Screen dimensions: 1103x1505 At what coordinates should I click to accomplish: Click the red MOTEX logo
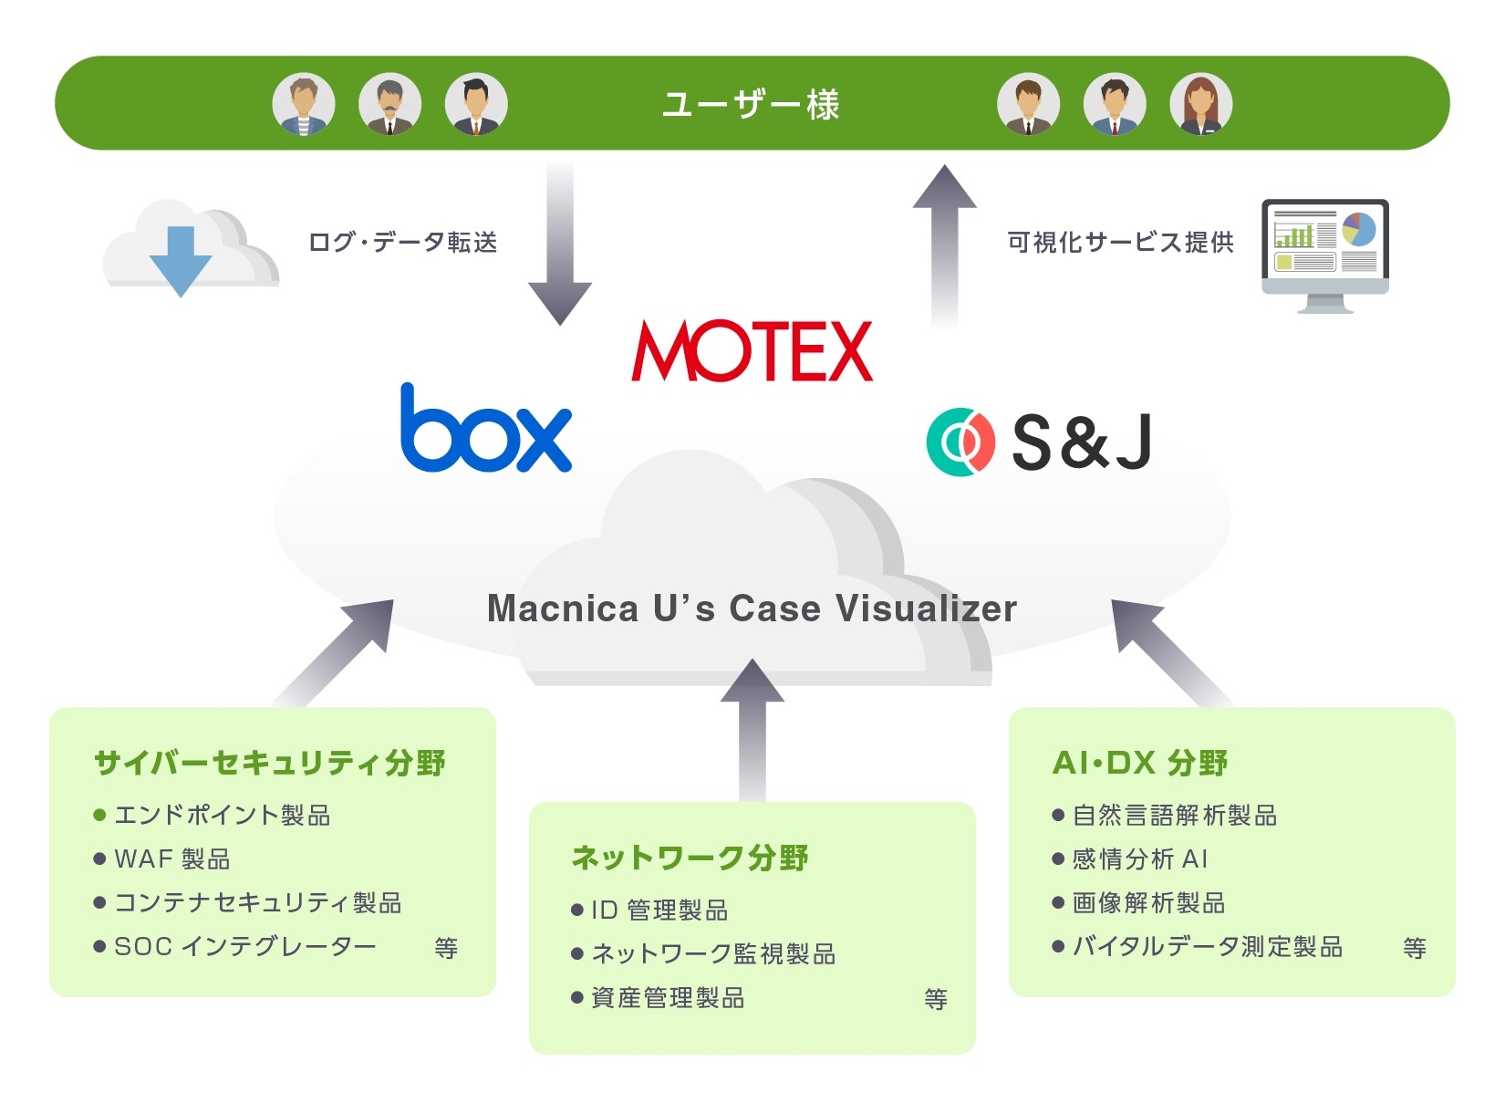pos(752,350)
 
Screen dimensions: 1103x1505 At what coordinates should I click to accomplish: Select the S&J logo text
pos(1082,442)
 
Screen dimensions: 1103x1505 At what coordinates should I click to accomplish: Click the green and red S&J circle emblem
pos(960,442)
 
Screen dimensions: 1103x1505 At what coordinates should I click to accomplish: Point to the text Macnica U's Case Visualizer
pos(752,609)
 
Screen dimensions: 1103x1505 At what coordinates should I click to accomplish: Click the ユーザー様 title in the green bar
pos(751,105)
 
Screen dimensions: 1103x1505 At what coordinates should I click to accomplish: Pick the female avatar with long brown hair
pos(1200,104)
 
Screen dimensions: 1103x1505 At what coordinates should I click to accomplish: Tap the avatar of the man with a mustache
pos(389,104)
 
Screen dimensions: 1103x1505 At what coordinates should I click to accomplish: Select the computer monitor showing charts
pos(1324,254)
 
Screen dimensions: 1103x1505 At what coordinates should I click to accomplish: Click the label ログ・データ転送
pos(402,242)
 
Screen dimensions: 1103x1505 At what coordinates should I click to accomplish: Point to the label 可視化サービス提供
pos(1120,242)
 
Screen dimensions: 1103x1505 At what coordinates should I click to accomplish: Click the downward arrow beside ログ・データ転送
pos(560,245)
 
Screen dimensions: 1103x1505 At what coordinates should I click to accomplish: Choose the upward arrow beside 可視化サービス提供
pos(945,245)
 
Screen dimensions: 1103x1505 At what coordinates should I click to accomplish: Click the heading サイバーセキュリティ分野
pos(270,763)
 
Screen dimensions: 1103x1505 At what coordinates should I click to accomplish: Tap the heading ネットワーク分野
pos(690,858)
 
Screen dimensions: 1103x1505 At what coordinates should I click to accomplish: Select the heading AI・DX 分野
pos(1140,763)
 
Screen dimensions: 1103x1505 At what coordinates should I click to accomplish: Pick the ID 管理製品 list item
pos(659,910)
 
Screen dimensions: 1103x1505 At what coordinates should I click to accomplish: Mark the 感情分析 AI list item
pos(1140,859)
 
